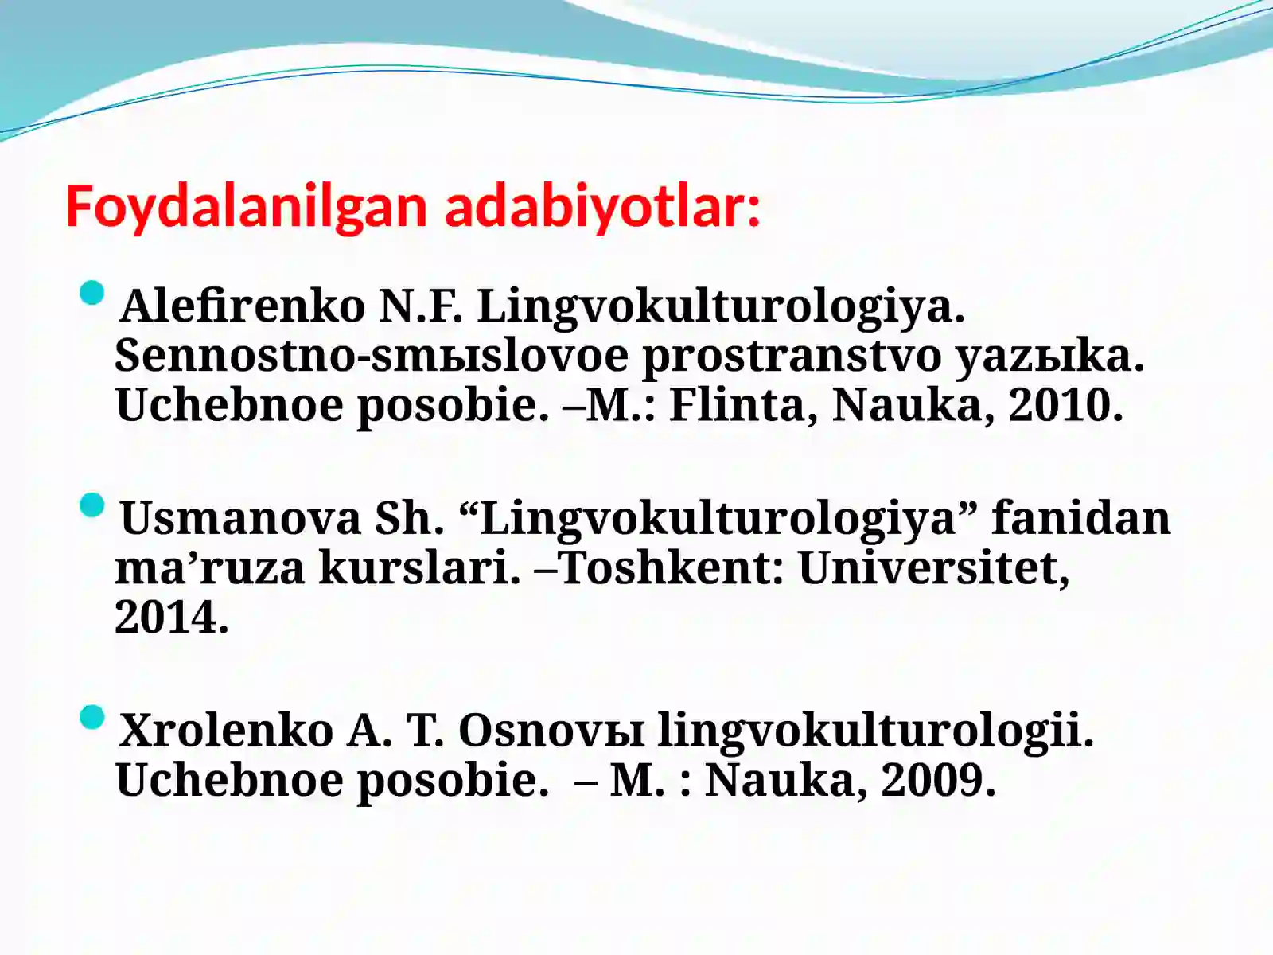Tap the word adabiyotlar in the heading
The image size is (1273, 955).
(x=601, y=207)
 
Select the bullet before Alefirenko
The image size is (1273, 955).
(x=92, y=293)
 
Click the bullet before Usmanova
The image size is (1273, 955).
(x=92, y=505)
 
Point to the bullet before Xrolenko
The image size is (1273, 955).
(x=92, y=717)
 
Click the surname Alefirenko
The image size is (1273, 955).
(x=242, y=306)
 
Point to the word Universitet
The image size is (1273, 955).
(x=932, y=567)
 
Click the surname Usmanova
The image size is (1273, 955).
(x=241, y=518)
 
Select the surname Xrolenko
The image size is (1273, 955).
(x=226, y=730)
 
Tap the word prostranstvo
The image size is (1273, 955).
(x=792, y=355)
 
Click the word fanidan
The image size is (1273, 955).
(x=1081, y=518)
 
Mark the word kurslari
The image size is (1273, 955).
(x=419, y=567)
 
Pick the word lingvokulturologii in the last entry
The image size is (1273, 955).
(x=875, y=730)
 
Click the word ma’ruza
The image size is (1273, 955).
(x=209, y=567)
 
